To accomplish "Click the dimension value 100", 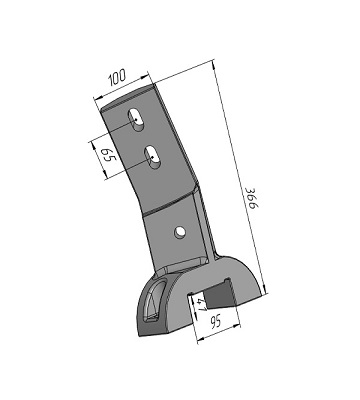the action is click(117, 76).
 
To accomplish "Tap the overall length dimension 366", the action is click(252, 198).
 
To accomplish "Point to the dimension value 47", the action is click(202, 305).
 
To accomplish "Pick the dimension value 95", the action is click(215, 322).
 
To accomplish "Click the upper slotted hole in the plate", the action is click(136, 119).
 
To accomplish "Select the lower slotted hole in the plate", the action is click(152, 157).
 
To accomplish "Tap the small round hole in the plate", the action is click(180, 231).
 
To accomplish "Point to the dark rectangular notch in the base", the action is click(221, 293).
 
